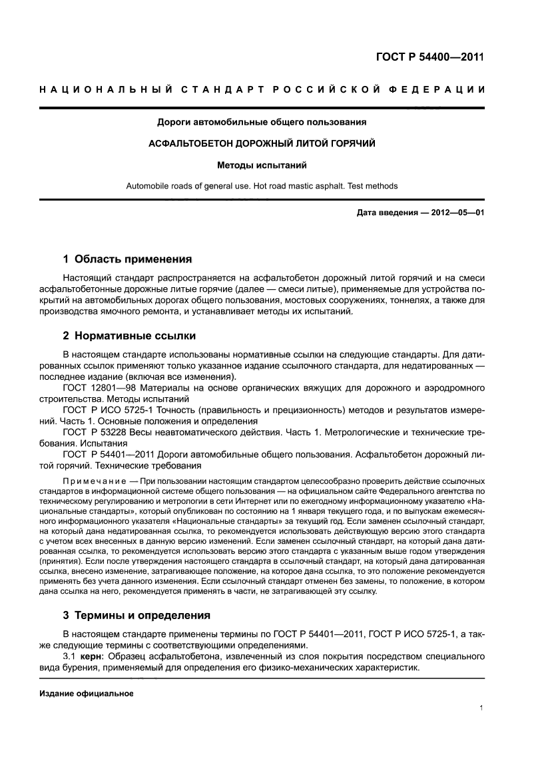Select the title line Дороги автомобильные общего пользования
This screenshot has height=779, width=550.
262,122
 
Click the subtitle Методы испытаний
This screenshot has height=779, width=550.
262,165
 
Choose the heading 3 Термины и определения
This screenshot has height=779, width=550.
137,615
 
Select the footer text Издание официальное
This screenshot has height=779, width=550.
87,694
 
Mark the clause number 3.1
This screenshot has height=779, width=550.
69,657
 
